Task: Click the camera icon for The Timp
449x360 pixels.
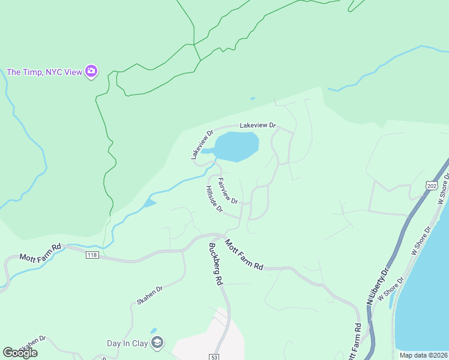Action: point(91,72)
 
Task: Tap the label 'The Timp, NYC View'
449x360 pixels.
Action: point(44,72)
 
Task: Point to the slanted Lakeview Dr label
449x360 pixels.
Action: point(202,145)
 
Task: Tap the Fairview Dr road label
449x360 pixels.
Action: point(228,190)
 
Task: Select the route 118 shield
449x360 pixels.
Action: point(92,255)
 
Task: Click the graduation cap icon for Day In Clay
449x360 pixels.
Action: point(157,343)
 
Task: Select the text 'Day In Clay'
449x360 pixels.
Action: point(127,344)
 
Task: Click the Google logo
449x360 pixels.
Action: point(20,352)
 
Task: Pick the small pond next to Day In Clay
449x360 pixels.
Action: point(154,331)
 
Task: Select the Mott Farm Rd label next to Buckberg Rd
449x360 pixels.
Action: point(245,254)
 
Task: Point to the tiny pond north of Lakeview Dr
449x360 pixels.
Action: point(252,98)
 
